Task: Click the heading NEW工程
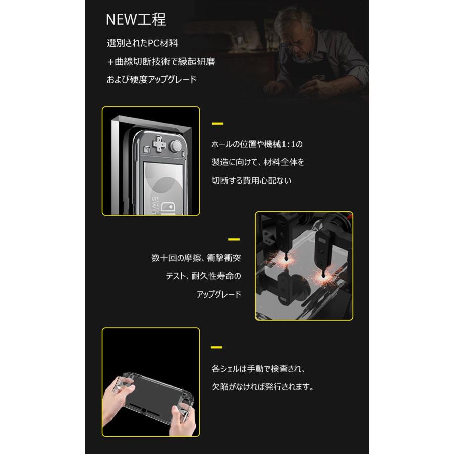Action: [x=136, y=20]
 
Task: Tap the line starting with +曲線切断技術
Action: [x=160, y=62]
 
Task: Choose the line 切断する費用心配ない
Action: [x=251, y=180]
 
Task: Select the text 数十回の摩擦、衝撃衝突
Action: [x=196, y=258]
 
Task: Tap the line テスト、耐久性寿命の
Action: [x=203, y=276]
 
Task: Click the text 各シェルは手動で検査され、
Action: [x=258, y=369]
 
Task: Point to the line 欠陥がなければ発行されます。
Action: [x=263, y=388]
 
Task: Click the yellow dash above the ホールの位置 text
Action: [x=217, y=123]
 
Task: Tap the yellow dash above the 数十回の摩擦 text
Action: [x=234, y=239]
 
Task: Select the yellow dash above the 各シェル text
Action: [x=216, y=347]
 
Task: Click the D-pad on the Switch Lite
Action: [x=159, y=144]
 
